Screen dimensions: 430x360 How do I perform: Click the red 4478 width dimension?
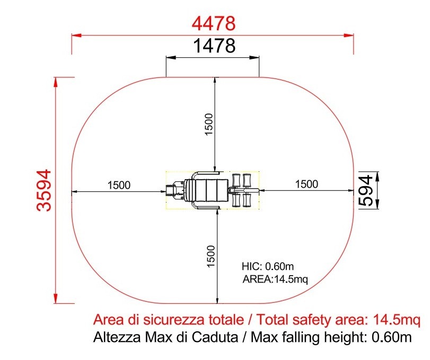[213, 23]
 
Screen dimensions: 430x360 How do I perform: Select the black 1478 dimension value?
[214, 46]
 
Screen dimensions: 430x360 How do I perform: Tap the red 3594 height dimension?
[44, 190]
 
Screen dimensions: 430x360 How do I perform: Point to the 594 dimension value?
[366, 190]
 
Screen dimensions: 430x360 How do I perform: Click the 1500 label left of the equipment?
[119, 185]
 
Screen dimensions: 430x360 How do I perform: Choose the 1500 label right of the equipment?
[306, 184]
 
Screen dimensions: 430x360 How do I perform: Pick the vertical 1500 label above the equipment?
[209, 124]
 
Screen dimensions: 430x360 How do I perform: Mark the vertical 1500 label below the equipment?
[210, 257]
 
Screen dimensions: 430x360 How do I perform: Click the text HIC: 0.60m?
[268, 266]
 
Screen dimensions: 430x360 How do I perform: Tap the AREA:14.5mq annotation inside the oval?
[275, 279]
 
